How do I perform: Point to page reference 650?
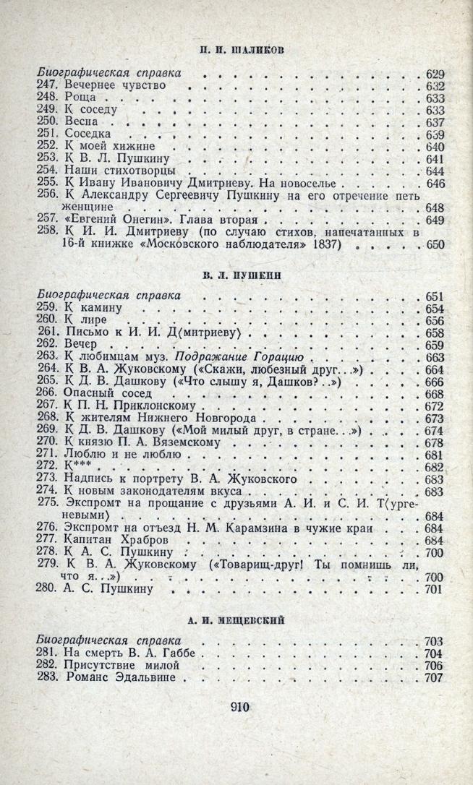pos(435,245)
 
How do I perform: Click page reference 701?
pos(435,591)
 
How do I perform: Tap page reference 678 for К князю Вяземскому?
pos(435,443)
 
